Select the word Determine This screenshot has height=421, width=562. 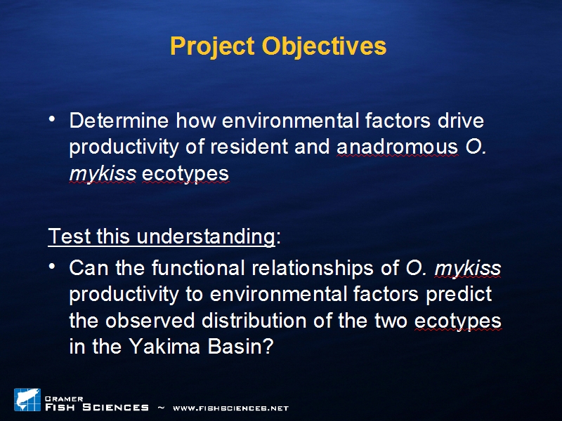[x=119, y=121]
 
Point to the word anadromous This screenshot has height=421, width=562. [x=398, y=147]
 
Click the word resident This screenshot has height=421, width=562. [x=249, y=147]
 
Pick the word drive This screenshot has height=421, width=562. [x=461, y=121]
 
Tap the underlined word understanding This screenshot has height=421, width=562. [x=206, y=237]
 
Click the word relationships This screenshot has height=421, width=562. [x=313, y=269]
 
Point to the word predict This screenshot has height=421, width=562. [x=459, y=295]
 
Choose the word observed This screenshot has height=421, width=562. [x=150, y=321]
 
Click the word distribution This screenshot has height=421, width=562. [x=254, y=321]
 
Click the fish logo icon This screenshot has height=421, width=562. [x=27, y=400]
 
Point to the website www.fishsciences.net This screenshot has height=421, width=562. [x=231, y=408]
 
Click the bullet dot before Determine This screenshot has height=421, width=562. [x=52, y=119]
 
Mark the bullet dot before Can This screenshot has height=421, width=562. [x=52, y=266]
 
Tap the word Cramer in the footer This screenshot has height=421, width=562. [x=64, y=399]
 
